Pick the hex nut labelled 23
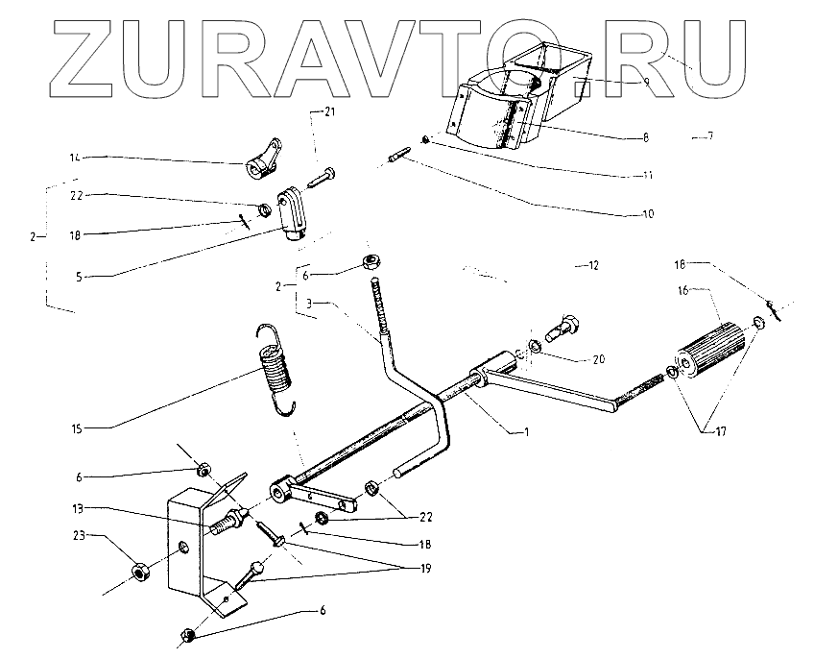pos(140,573)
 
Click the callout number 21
pos(329,112)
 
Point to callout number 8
pos(646,137)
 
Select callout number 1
pos(526,432)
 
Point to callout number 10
pos(648,213)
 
